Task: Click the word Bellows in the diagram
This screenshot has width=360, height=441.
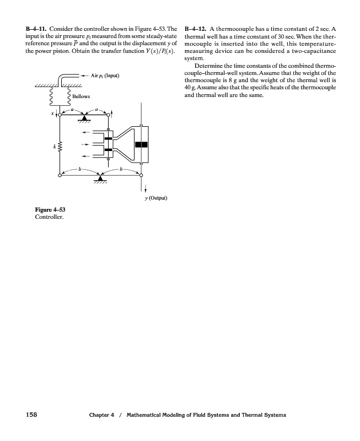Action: click(x=81, y=97)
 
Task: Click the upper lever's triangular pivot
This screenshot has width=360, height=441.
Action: click(x=84, y=118)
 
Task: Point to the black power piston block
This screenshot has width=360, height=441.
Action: click(x=142, y=144)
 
